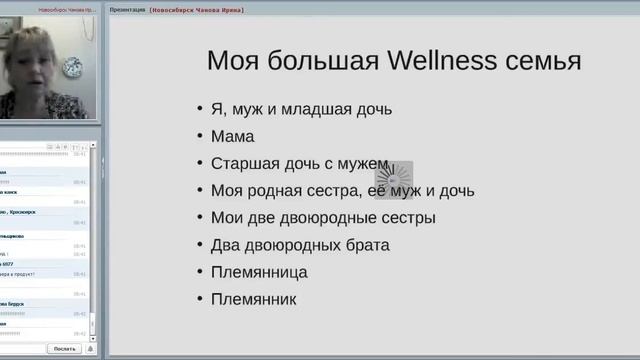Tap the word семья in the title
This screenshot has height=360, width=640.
tap(542, 61)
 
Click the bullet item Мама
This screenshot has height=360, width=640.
tap(233, 136)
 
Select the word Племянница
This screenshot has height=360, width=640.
tap(259, 271)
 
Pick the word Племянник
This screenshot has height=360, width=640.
tap(254, 298)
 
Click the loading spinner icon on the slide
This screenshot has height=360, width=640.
tap(393, 180)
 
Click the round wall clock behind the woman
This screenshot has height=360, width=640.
tap(73, 68)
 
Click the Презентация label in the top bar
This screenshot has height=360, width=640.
tap(127, 9)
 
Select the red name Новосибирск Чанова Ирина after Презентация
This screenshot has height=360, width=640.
tap(197, 9)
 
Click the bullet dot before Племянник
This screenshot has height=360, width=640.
tap(200, 299)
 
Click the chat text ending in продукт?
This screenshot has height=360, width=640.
tap(18, 274)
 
